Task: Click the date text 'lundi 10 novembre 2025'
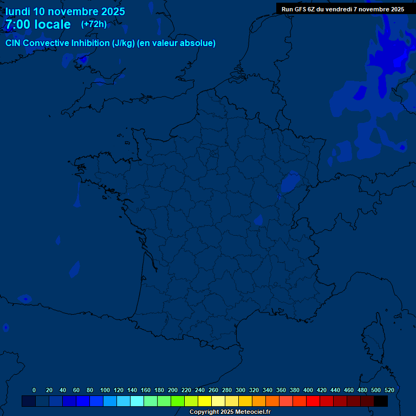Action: pyautogui.click(x=65, y=11)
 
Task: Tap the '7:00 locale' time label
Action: pyautogui.click(x=38, y=24)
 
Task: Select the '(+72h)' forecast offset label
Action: pyautogui.click(x=94, y=24)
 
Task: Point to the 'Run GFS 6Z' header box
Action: pyautogui.click(x=342, y=9)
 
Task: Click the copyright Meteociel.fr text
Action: pyautogui.click(x=230, y=412)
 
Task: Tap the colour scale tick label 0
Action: pyautogui.click(x=34, y=390)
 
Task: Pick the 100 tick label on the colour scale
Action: pyautogui.click(x=105, y=390)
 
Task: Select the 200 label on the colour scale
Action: pyautogui.click(x=173, y=390)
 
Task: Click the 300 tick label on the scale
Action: pyautogui.click(x=240, y=390)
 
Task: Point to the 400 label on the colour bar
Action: pyautogui.click(x=308, y=390)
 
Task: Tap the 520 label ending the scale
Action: pyautogui.click(x=389, y=390)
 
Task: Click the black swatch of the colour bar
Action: pyautogui.click(x=381, y=401)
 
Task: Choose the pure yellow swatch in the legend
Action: pyautogui.click(x=205, y=401)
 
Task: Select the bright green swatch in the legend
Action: pyautogui.click(x=178, y=401)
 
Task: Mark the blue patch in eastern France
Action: pyautogui.click(x=290, y=182)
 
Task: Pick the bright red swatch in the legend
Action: pyautogui.click(x=313, y=401)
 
